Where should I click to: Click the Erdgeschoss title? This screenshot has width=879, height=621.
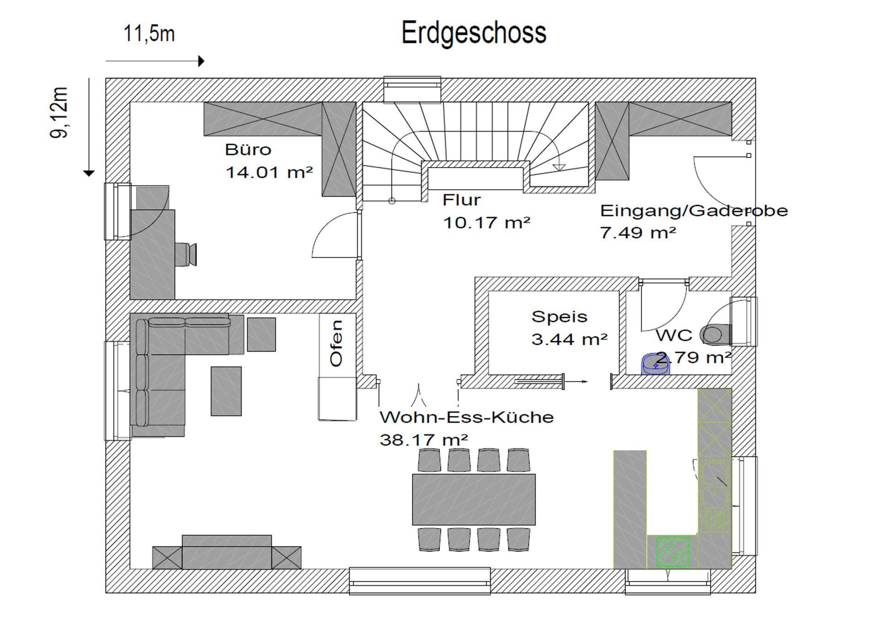tap(474, 33)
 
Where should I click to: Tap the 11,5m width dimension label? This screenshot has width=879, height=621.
tap(149, 34)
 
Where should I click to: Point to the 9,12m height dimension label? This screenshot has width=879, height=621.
tap(60, 112)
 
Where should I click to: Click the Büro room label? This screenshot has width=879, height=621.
tap(248, 150)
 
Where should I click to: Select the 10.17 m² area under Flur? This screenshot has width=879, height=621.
tap(487, 223)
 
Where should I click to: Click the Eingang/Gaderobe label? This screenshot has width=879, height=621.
tap(694, 211)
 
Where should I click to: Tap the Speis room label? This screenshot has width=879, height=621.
tap(559, 317)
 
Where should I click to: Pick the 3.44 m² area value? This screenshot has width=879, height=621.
tap(570, 340)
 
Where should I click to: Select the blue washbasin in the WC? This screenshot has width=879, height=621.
tap(655, 365)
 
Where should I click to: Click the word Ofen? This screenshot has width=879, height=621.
tap(336, 343)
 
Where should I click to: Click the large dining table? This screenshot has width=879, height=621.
tap(474, 499)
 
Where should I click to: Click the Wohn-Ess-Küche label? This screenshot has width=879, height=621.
tap(467, 417)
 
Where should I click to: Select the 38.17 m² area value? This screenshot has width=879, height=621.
tap(423, 440)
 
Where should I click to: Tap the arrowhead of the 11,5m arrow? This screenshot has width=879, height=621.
tap(201, 61)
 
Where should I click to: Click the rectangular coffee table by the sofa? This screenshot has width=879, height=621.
tap(226, 391)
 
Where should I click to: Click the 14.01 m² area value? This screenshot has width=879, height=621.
tap(269, 173)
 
